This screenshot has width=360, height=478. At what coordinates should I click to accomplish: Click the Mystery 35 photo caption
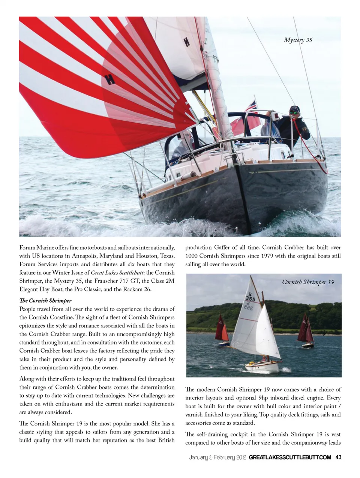(298, 40)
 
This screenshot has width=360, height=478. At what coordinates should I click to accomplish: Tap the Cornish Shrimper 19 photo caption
(308, 282)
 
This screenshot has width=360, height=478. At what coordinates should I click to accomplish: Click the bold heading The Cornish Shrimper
(45, 301)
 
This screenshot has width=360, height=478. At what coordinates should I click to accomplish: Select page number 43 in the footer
(338, 457)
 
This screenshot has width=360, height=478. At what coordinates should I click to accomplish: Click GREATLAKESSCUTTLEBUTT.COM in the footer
(290, 457)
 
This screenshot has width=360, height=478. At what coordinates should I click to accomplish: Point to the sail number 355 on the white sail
(250, 299)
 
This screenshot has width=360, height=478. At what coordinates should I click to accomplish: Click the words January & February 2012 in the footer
(217, 457)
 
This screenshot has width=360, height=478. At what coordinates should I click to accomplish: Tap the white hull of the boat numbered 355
(262, 367)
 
